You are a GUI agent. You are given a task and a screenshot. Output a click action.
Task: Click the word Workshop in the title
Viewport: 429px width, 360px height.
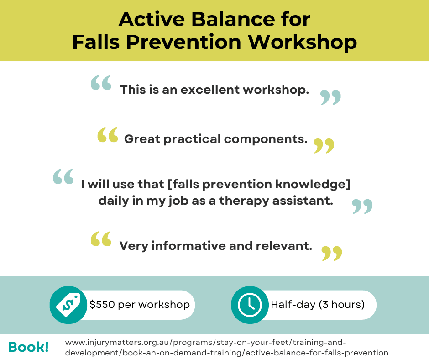[302, 42]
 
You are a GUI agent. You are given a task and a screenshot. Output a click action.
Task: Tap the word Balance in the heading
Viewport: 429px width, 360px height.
[233, 20]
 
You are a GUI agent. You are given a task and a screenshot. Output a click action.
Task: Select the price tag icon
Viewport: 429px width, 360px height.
[68, 305]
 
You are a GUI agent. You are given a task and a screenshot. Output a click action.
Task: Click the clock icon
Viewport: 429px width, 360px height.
[250, 305]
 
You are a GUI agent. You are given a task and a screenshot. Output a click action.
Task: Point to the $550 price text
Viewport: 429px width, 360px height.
[102, 304]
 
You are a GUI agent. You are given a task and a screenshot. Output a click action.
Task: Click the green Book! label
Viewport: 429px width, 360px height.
[28, 347]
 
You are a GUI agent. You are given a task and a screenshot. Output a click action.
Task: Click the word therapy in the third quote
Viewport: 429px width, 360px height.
[244, 201]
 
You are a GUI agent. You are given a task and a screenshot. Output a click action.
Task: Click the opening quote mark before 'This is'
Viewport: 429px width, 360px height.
[101, 83]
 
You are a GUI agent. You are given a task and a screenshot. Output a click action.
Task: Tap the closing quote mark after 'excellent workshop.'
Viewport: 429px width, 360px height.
[330, 97]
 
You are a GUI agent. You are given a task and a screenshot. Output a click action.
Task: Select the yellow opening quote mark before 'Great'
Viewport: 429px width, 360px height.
[108, 135]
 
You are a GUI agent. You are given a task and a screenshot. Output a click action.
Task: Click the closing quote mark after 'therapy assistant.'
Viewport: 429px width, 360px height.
[362, 206]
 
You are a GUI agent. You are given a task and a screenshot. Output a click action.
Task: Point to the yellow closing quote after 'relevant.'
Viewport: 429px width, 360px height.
[332, 254]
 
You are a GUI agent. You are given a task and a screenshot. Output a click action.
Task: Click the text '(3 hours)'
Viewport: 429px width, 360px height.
[341, 304]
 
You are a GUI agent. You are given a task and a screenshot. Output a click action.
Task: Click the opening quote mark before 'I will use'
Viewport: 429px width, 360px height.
[63, 177]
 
